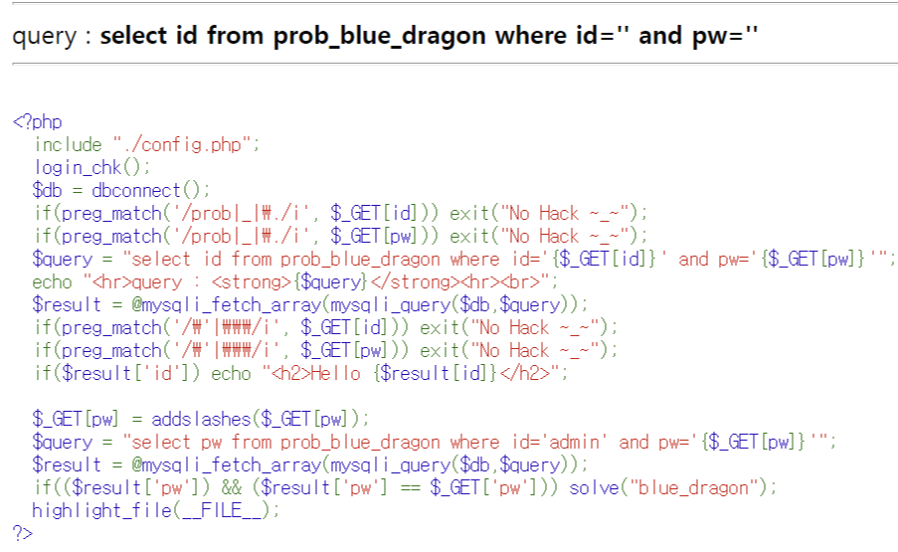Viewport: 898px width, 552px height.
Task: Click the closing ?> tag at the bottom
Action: click(22, 533)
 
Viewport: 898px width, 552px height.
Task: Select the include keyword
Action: click(69, 145)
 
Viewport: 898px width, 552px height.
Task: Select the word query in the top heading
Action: click(43, 37)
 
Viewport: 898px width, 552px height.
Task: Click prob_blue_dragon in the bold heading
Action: click(382, 37)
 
